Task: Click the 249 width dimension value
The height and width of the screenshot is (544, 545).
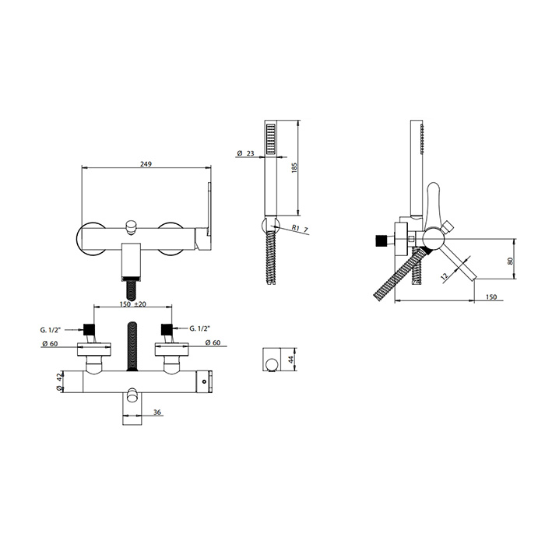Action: tap(146, 164)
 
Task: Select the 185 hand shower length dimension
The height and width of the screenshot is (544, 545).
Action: tap(295, 168)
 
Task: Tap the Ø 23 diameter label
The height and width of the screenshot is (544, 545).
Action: tap(246, 153)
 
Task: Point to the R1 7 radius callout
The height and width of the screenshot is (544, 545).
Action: tap(300, 229)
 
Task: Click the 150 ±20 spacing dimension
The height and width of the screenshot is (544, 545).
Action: tap(133, 304)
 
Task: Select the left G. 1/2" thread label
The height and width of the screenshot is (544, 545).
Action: tap(51, 330)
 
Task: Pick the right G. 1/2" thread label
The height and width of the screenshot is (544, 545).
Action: tap(200, 328)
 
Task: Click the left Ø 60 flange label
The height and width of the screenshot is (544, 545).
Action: tap(49, 344)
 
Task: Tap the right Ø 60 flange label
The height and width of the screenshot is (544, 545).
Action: tap(213, 342)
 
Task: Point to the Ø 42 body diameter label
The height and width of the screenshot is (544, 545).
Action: tap(58, 381)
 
